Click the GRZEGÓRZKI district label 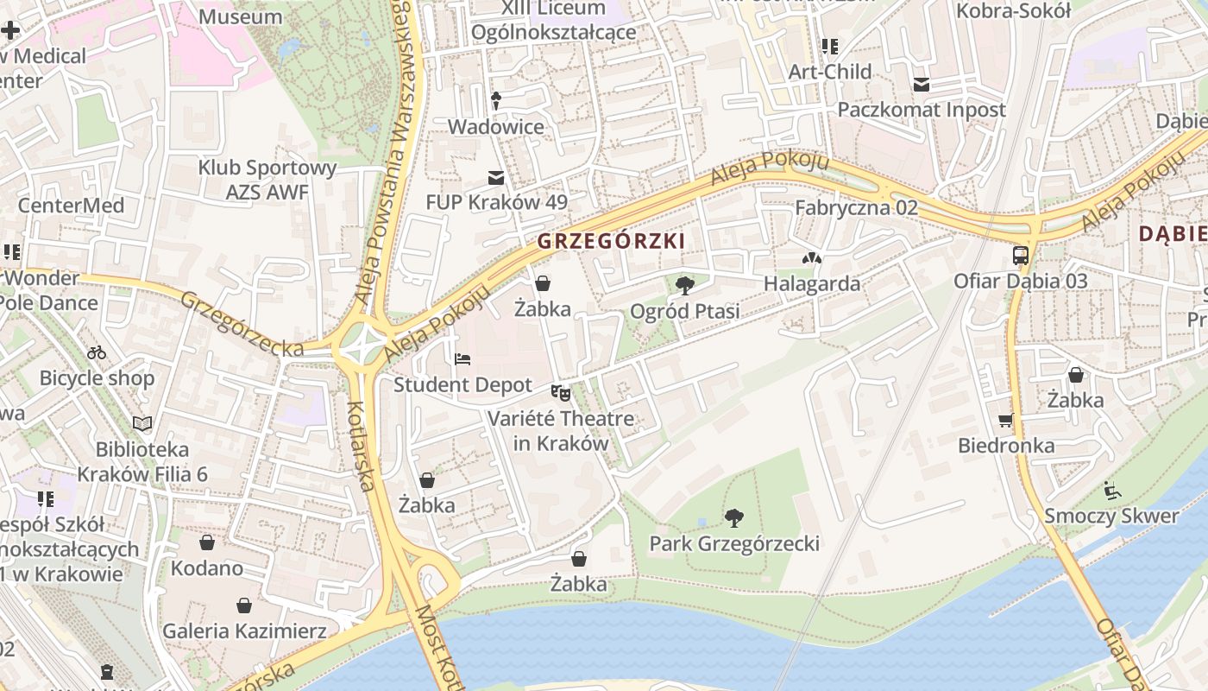pyautogui.click(x=611, y=241)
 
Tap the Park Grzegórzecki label pyautogui.click(x=734, y=543)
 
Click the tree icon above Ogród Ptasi pyautogui.click(x=685, y=285)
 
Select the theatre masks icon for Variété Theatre pyautogui.click(x=561, y=394)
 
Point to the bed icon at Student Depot pyautogui.click(x=462, y=358)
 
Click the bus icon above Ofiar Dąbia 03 pyautogui.click(x=1020, y=256)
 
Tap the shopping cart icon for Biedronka pyautogui.click(x=1006, y=421)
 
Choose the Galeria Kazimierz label pyautogui.click(x=245, y=631)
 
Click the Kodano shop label pyautogui.click(x=207, y=567)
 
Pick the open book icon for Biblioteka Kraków pyautogui.click(x=142, y=423)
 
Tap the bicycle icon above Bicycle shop pyautogui.click(x=97, y=352)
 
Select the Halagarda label pyautogui.click(x=812, y=283)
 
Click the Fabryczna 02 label pyautogui.click(x=856, y=207)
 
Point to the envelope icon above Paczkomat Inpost pyautogui.click(x=922, y=85)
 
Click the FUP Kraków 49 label pyautogui.click(x=497, y=202)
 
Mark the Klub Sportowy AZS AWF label pyautogui.click(x=267, y=180)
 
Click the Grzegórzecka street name pyautogui.click(x=242, y=324)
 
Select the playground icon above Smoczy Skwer pyautogui.click(x=1111, y=491)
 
